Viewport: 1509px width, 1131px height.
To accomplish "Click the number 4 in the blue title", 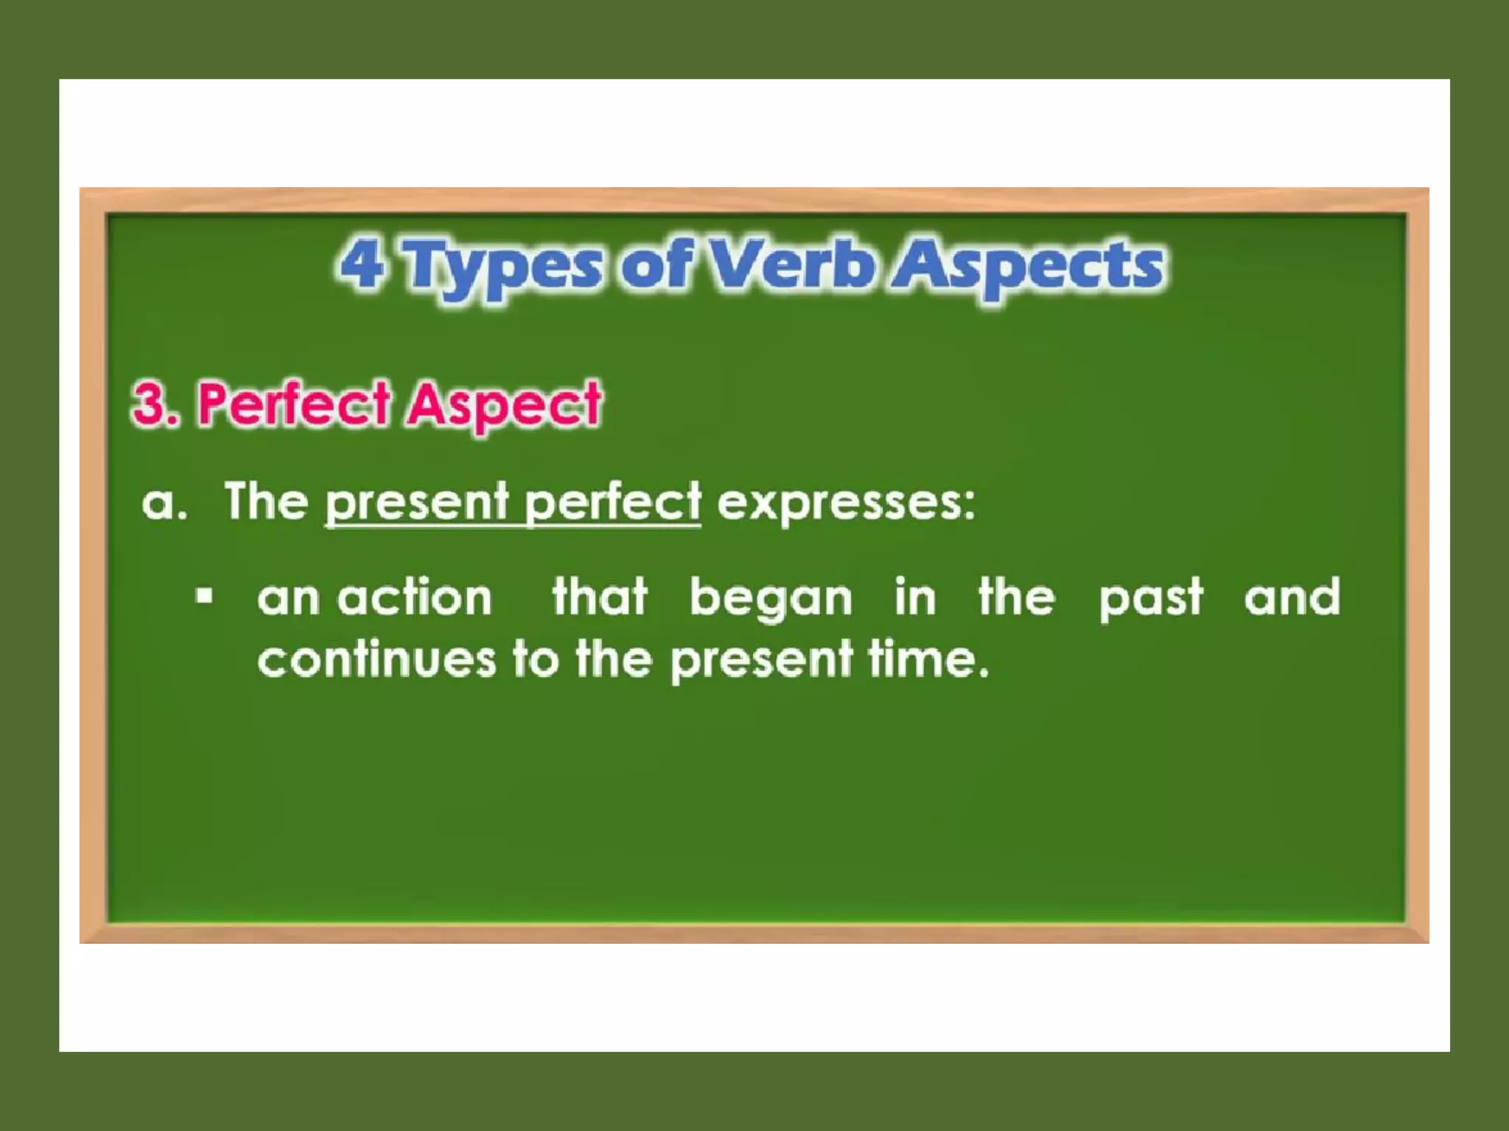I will [363, 265].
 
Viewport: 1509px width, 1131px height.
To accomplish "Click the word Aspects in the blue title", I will [1032, 267].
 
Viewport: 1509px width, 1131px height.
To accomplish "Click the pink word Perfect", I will [294, 404].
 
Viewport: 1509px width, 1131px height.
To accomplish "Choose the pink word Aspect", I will [505, 406].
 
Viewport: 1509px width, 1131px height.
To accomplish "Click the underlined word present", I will [417, 504].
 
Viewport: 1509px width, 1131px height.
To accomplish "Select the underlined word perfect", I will [612, 504].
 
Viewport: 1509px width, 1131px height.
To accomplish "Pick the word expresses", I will [845, 504].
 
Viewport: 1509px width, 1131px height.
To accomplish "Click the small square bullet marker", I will [205, 596].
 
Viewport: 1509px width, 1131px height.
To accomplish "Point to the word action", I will [415, 597].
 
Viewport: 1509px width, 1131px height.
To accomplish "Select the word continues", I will [377, 659].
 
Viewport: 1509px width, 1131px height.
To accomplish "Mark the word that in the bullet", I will [600, 596].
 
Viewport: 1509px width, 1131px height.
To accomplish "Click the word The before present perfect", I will [266, 502].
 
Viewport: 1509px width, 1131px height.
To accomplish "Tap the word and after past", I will [1292, 597].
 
